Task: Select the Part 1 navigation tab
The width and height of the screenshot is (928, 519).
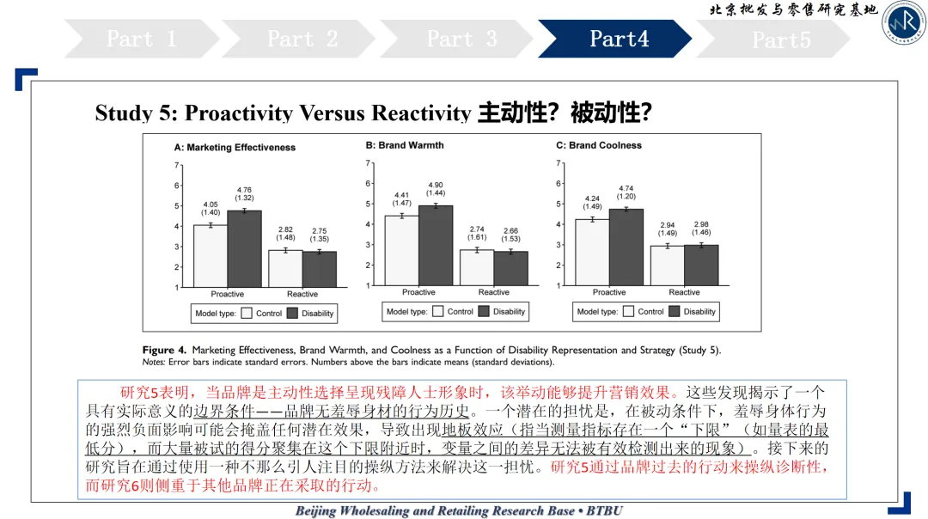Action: pos(141,39)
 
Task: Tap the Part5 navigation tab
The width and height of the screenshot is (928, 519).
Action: pos(780,40)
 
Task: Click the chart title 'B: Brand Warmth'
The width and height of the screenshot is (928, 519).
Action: pos(404,146)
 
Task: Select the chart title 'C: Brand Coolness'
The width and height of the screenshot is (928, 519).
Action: pos(599,146)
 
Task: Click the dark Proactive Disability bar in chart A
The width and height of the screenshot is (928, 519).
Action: pos(244,249)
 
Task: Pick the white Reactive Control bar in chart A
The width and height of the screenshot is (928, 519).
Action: pos(285,268)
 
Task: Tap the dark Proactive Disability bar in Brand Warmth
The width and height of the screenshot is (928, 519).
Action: pos(436,246)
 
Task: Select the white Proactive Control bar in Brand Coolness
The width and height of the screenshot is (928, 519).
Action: pos(592,253)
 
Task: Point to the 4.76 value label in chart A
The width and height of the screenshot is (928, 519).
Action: pos(244,194)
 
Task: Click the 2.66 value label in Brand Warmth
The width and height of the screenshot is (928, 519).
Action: pos(510,235)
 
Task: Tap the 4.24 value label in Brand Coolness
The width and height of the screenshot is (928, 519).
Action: pos(592,203)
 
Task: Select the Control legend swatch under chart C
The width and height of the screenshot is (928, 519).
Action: pos(629,312)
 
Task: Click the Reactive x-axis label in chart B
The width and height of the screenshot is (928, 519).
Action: pos(493,293)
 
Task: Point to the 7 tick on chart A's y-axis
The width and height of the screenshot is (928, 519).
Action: pos(177,165)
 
